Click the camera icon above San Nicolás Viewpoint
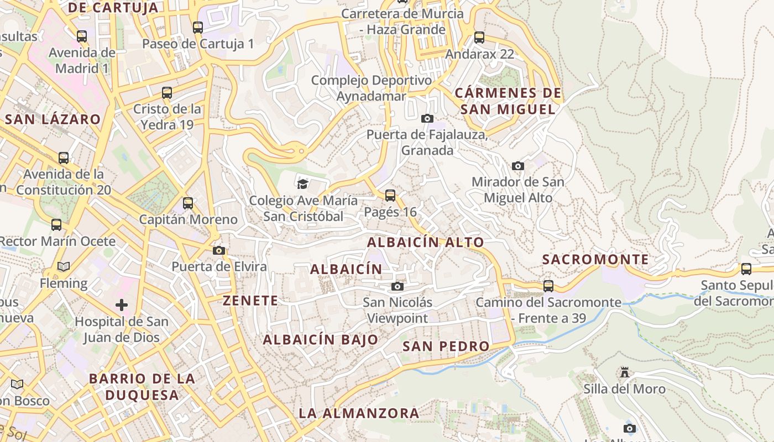[397, 286]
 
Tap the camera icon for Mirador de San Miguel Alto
[517, 166]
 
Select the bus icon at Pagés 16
[390, 195]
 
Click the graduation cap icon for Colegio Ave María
[302, 184]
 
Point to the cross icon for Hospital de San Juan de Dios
[122, 305]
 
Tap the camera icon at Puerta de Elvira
[219, 251]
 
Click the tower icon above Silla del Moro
[625, 372]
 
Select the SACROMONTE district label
[595, 259]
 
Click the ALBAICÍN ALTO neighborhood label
[425, 242]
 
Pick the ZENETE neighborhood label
[250, 301]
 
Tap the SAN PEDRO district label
[446, 346]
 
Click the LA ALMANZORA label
[359, 413]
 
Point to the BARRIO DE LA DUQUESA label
[142, 387]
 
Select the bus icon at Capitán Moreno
[188, 203]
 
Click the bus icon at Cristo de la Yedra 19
[167, 93]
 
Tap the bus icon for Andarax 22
[479, 38]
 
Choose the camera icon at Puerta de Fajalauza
[427, 118]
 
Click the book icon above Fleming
[64, 267]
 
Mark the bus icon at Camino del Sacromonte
[548, 286]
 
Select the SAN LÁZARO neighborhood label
[53, 119]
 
